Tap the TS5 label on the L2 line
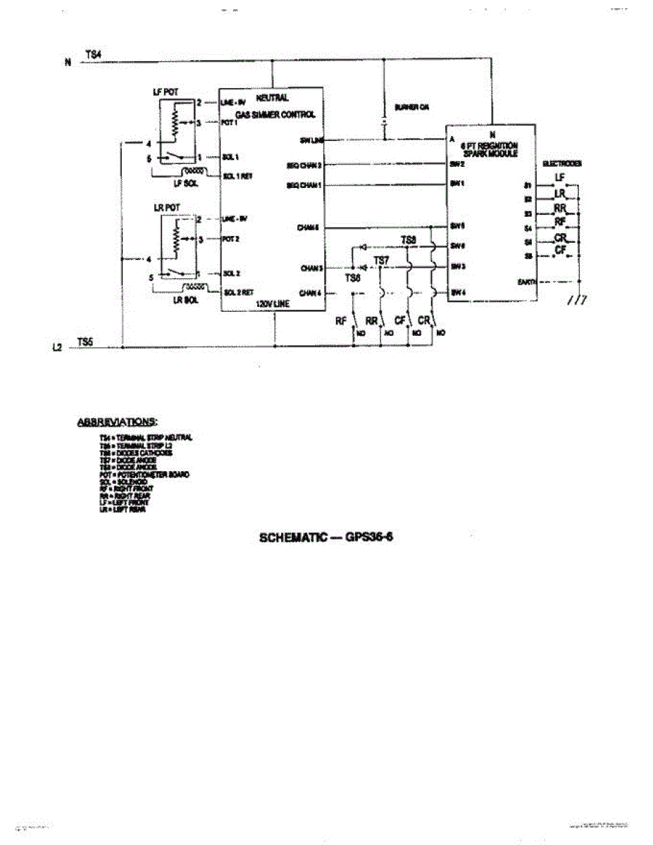coord(85,342)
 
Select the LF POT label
coord(164,92)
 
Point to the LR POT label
coord(164,209)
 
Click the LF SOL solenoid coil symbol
coord(195,170)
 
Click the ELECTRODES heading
coord(561,163)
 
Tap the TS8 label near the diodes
coord(409,241)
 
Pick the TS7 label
coord(380,261)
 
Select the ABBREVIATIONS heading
coord(116,423)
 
